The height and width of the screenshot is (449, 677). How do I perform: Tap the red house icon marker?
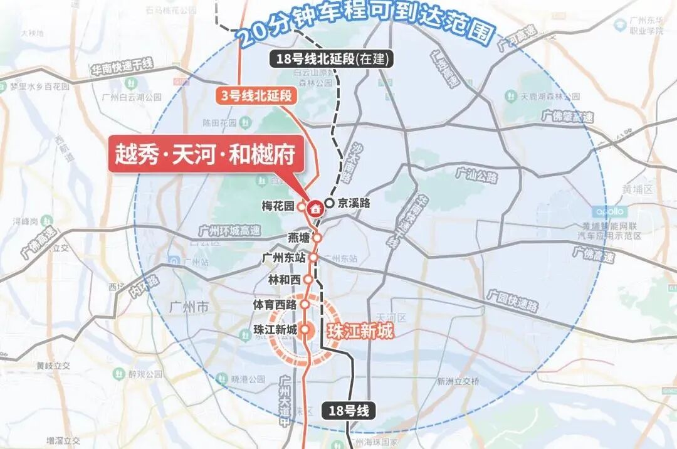(x=315, y=207)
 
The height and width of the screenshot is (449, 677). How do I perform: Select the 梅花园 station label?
(x=278, y=205)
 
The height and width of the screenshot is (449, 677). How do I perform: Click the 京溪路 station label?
(x=354, y=203)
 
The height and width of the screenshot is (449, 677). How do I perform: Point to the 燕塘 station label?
(x=298, y=238)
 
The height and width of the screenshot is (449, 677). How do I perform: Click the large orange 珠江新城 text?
(x=360, y=330)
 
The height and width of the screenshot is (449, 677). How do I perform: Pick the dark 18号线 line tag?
(x=349, y=411)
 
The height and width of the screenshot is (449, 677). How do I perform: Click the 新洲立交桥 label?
(x=458, y=381)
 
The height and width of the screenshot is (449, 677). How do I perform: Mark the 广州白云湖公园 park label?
(x=131, y=97)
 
